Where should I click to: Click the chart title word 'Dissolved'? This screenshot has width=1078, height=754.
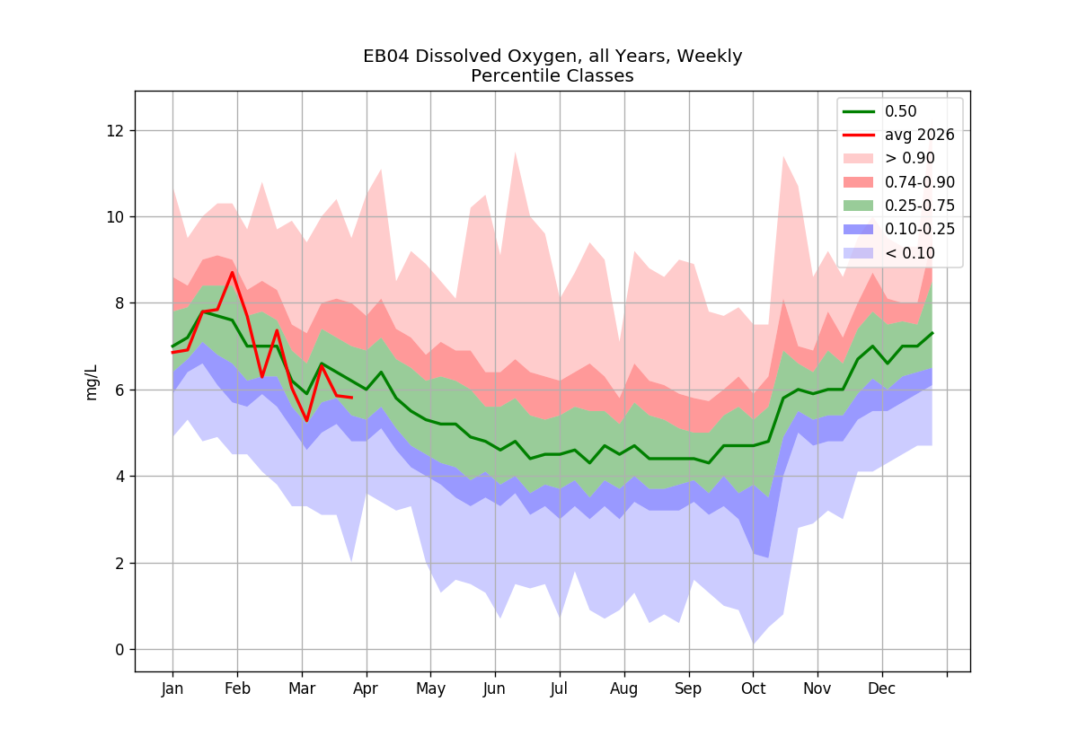pyautogui.click(x=459, y=57)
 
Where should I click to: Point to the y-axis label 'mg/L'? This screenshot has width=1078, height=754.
pyautogui.click(x=91, y=382)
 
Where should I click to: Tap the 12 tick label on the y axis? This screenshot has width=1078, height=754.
pyautogui.click(x=115, y=131)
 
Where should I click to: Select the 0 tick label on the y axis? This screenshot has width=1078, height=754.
pyautogui.click(x=119, y=650)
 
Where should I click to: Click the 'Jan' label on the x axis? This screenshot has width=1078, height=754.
pyautogui.click(x=172, y=689)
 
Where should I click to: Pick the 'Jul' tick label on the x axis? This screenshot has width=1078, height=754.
pyautogui.click(x=559, y=689)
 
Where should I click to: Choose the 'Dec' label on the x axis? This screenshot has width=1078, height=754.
pyautogui.click(x=881, y=689)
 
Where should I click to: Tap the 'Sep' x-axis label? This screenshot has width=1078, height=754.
pyautogui.click(x=688, y=689)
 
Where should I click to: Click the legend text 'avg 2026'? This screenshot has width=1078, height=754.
pyautogui.click(x=920, y=136)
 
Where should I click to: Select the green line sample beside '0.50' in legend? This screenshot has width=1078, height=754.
pyautogui.click(x=859, y=111)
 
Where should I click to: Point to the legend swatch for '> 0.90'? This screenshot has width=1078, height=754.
pyautogui.click(x=859, y=158)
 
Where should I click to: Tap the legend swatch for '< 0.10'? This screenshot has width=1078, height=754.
pyautogui.click(x=859, y=253)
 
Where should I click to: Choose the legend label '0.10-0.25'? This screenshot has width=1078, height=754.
pyautogui.click(x=920, y=230)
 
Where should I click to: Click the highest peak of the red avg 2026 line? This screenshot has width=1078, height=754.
pyautogui.click(x=233, y=272)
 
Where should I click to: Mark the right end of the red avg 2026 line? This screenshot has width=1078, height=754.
pyautogui.click(x=352, y=398)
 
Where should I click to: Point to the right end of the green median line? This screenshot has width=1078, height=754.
pyautogui.click(x=932, y=333)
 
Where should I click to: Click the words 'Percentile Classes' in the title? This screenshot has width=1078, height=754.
pyautogui.click(x=552, y=76)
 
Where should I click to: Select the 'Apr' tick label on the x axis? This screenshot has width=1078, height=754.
pyautogui.click(x=366, y=689)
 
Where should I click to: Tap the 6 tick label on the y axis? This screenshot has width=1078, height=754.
pyautogui.click(x=119, y=390)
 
